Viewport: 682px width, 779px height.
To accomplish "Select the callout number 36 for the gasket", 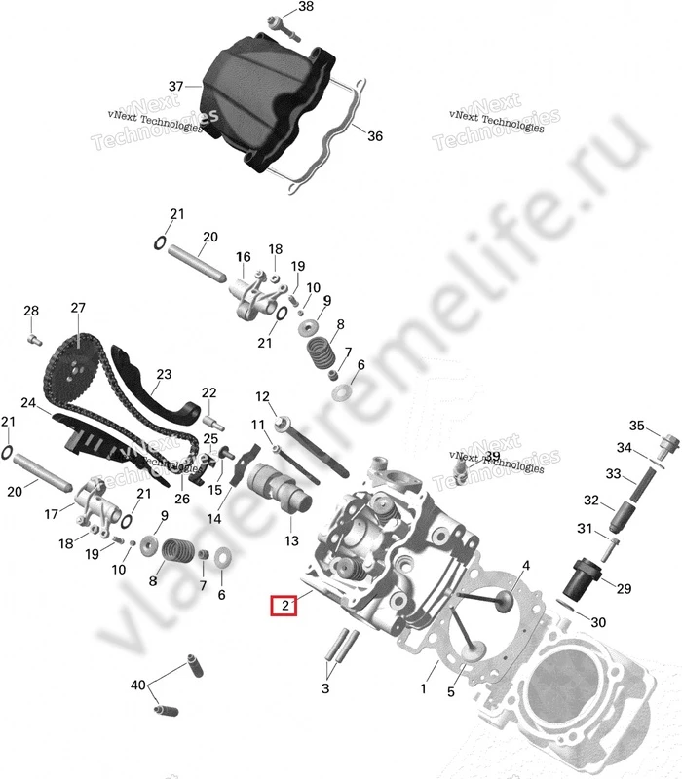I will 375,136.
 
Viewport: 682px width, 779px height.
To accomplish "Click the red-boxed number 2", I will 283,606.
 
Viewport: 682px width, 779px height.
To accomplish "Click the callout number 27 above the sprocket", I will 78,309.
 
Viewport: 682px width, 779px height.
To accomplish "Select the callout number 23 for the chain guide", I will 163,374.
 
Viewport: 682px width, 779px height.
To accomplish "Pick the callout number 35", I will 636,426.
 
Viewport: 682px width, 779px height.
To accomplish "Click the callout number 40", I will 137,685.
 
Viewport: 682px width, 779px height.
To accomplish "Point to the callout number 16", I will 243,257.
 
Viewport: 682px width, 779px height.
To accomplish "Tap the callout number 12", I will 262,396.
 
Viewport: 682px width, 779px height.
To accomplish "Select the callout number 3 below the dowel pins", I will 326,688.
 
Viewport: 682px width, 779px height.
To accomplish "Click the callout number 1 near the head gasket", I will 423,688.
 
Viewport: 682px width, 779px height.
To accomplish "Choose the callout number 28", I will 31,312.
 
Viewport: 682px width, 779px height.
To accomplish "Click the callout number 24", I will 28,403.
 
